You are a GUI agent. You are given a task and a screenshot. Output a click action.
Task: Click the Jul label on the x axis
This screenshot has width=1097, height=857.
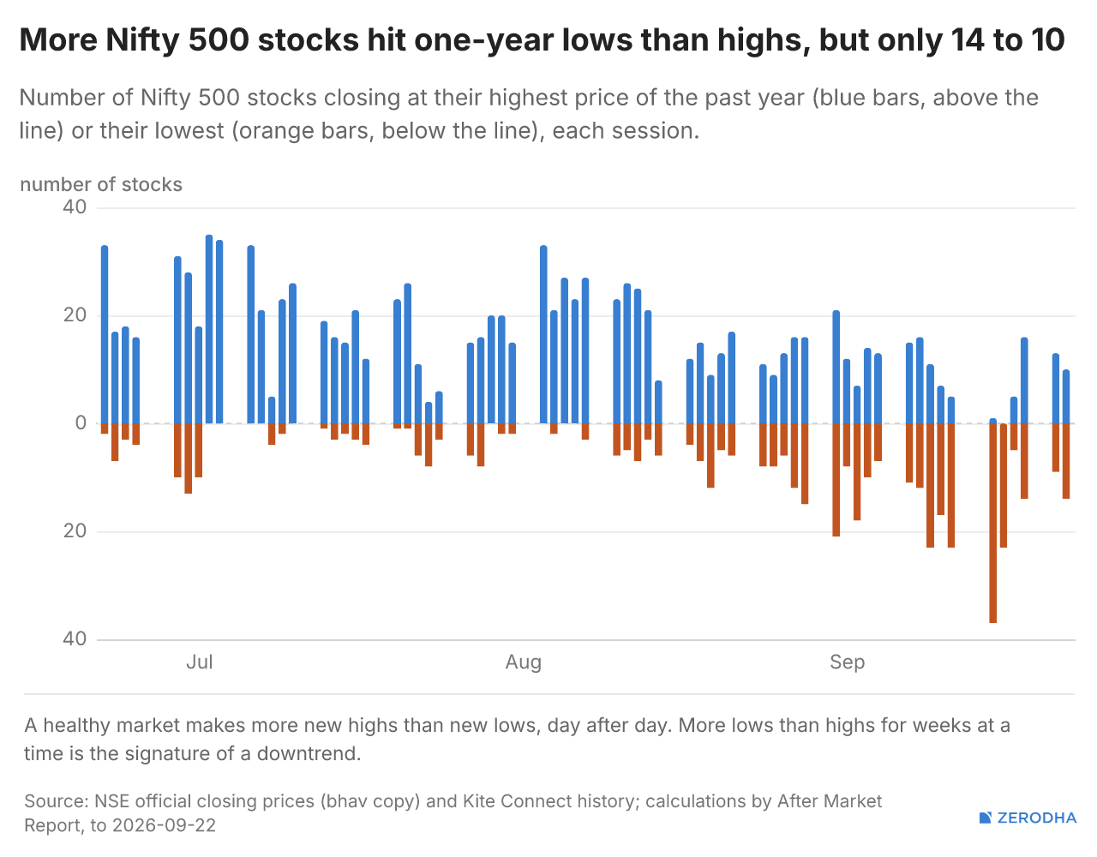tap(200, 662)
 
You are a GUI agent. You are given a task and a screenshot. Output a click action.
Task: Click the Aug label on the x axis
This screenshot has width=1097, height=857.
tap(524, 662)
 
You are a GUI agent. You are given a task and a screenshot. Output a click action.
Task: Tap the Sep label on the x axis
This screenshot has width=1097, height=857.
tap(847, 662)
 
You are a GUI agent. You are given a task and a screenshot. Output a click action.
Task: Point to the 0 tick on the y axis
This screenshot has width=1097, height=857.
tap(81, 423)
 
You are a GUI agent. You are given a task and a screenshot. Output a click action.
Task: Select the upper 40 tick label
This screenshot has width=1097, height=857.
tap(75, 207)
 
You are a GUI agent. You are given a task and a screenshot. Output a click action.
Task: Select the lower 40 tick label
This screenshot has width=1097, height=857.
tap(75, 639)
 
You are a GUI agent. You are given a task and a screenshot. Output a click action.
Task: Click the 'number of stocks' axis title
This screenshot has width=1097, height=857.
tap(101, 185)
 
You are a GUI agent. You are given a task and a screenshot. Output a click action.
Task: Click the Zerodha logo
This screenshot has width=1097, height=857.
tap(1028, 818)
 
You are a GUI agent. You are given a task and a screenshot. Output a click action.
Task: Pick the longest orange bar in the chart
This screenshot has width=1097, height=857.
tap(993, 524)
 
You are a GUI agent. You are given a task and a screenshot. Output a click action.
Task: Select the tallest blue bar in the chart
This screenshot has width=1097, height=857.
tap(209, 329)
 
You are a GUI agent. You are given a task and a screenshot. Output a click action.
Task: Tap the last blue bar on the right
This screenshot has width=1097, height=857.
tap(1065, 397)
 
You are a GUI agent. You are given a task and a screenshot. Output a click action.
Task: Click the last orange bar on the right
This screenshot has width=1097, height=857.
tap(1065, 461)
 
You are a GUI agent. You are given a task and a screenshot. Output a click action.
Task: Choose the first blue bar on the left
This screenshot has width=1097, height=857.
tap(105, 334)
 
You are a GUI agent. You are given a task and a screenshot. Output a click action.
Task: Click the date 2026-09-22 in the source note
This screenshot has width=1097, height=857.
tap(164, 825)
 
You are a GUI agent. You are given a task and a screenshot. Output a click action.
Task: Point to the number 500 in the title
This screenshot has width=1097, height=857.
tap(219, 40)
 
